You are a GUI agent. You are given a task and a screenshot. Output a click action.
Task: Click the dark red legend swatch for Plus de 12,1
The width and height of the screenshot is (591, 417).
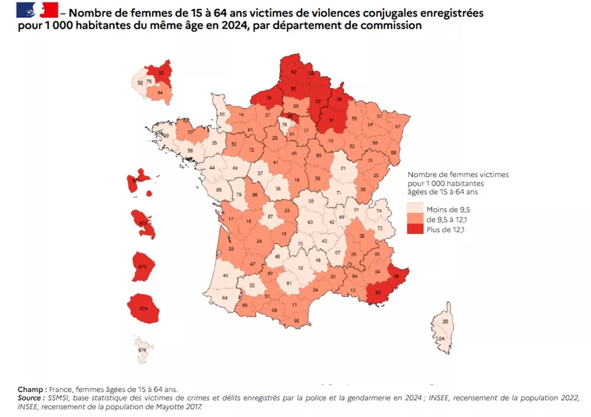click(x=415, y=229)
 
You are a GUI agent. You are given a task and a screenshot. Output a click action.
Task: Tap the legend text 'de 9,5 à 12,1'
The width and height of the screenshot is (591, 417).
click(x=446, y=219)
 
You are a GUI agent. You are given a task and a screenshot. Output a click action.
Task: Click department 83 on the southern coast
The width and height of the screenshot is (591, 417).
click(x=378, y=293)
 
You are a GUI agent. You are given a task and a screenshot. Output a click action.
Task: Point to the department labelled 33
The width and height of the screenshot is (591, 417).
click(x=231, y=249)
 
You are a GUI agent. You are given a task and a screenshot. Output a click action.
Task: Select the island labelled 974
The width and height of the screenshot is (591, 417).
click(x=143, y=308)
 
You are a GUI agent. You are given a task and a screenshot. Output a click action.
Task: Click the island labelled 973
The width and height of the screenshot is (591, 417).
click(x=142, y=267)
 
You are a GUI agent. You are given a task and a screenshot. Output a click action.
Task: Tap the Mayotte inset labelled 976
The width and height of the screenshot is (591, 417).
click(x=142, y=350)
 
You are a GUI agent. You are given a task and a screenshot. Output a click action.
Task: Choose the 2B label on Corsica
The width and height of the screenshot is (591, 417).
click(x=446, y=321)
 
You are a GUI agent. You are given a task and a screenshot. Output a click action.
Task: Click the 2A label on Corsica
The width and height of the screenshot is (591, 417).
click(x=441, y=339)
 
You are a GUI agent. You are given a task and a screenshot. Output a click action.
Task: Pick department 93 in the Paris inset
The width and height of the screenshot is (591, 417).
click(x=161, y=73)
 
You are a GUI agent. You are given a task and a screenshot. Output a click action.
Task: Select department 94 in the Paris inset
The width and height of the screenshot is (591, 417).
click(x=160, y=93)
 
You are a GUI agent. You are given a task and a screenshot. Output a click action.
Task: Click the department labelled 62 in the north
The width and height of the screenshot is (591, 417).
click(x=294, y=72)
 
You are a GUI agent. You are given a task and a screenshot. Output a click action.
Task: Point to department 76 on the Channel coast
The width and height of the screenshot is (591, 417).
click(x=269, y=98)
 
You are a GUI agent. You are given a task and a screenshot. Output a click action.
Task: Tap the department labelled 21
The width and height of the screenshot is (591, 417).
click(x=343, y=168)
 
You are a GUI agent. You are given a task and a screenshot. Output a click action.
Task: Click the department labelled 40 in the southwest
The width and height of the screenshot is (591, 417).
click(x=225, y=276)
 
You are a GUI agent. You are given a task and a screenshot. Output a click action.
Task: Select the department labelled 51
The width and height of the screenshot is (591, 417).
click(x=331, y=120)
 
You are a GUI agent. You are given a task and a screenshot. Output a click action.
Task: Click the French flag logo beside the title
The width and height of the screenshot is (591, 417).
click(x=37, y=10)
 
